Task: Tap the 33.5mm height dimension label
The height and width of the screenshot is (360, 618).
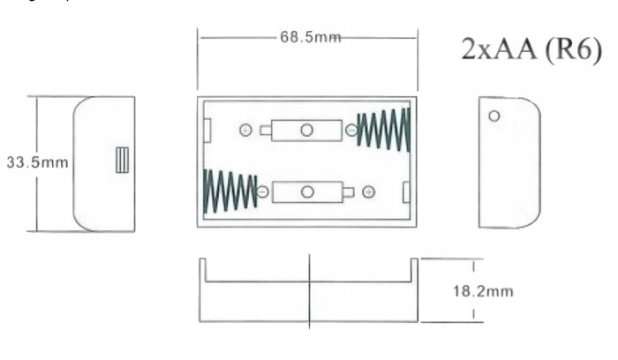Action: [26, 163]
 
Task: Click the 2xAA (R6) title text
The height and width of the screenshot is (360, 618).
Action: [531, 49]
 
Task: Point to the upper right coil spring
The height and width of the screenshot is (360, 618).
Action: [382, 130]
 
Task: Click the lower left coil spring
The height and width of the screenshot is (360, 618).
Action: [230, 191]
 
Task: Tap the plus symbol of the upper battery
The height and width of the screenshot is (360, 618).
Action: [245, 131]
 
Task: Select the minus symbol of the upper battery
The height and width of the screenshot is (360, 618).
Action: [351, 131]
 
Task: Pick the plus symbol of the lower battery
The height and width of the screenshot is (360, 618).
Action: [368, 191]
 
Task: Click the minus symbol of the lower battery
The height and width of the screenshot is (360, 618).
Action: [262, 191]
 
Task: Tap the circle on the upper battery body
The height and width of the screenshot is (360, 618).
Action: [306, 131]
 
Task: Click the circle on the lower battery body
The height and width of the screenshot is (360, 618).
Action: [307, 191]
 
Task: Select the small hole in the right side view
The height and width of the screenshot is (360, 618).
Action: [494, 116]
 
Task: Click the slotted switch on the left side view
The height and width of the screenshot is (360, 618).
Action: [122, 160]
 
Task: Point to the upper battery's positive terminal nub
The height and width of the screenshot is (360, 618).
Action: [266, 131]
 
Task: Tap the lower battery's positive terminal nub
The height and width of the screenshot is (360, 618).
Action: [349, 191]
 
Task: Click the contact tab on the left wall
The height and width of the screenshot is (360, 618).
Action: [207, 131]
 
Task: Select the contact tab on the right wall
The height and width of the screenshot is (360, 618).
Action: [406, 191]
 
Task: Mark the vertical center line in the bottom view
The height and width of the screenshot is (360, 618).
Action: [309, 290]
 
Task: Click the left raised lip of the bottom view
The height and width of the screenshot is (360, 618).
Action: [202, 269]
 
